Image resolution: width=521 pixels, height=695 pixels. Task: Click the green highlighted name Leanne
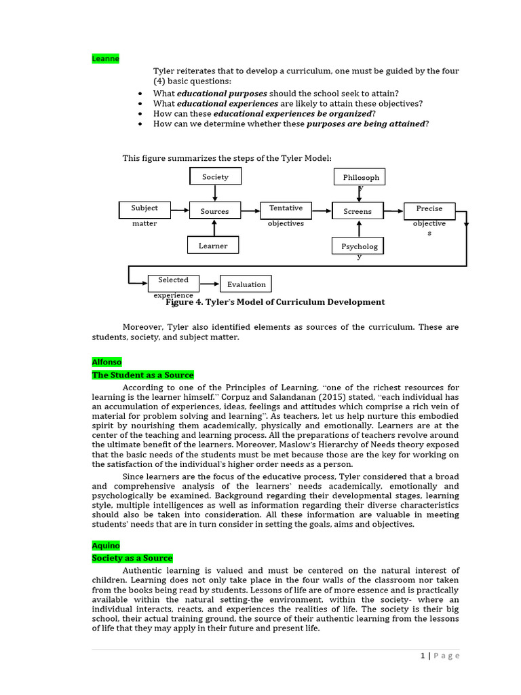coord(106,59)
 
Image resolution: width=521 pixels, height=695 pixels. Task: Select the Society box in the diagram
coord(215,177)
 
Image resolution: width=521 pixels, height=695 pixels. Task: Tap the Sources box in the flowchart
coord(214,211)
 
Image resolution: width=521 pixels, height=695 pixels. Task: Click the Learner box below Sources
coord(214,245)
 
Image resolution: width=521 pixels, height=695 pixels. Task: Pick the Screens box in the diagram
coord(358,211)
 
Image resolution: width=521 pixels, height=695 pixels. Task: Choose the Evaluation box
coord(246,284)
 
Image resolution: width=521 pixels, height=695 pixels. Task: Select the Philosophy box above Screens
coord(360,177)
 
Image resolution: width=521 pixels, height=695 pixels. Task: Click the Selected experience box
coord(174,283)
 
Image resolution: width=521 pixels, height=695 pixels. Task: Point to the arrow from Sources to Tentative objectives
coord(250,211)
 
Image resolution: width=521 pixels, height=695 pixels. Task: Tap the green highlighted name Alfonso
coord(107,362)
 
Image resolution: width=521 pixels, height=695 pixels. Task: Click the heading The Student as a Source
coord(143,375)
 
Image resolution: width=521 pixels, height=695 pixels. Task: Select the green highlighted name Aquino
coord(106,546)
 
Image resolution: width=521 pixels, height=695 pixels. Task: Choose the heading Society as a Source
coord(133,558)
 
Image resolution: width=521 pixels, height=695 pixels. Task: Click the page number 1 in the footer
coord(423,656)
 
